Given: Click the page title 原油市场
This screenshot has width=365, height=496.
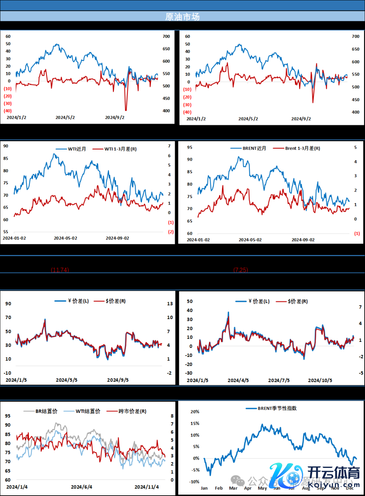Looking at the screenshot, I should click(x=182, y=17).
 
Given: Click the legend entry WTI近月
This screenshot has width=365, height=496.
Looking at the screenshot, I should click(x=77, y=149).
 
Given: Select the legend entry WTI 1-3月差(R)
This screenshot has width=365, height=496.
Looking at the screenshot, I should click(x=120, y=149).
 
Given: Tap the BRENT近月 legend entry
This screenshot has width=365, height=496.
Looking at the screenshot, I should click(x=254, y=148).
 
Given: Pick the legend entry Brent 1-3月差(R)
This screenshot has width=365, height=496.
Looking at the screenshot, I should click(x=302, y=148).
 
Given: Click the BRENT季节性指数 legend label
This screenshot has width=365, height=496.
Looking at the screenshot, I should click(x=277, y=408).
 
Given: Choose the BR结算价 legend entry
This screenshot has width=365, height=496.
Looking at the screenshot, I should click(x=46, y=411).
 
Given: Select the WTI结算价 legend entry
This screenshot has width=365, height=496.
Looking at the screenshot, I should click(x=88, y=411).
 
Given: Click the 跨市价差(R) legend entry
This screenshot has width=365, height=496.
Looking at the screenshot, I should click(x=132, y=411).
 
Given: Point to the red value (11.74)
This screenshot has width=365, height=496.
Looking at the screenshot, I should click(x=60, y=270).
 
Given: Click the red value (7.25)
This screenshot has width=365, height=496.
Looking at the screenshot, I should click(x=241, y=270).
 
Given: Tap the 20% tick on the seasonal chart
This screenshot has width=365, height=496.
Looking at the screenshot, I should click(x=195, y=412).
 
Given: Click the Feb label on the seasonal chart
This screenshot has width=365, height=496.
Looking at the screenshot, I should click(x=219, y=488).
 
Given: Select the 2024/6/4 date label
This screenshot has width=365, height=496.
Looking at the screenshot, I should click(x=81, y=487).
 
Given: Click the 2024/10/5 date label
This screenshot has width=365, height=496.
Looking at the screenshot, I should click(x=320, y=380).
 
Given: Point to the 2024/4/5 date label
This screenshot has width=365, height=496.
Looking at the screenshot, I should click(x=238, y=380).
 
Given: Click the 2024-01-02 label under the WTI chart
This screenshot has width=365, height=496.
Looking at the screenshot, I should click(x=14, y=238).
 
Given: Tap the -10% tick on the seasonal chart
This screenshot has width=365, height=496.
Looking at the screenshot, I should click(x=194, y=482).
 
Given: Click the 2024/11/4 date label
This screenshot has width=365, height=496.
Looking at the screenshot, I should click(x=147, y=487).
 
